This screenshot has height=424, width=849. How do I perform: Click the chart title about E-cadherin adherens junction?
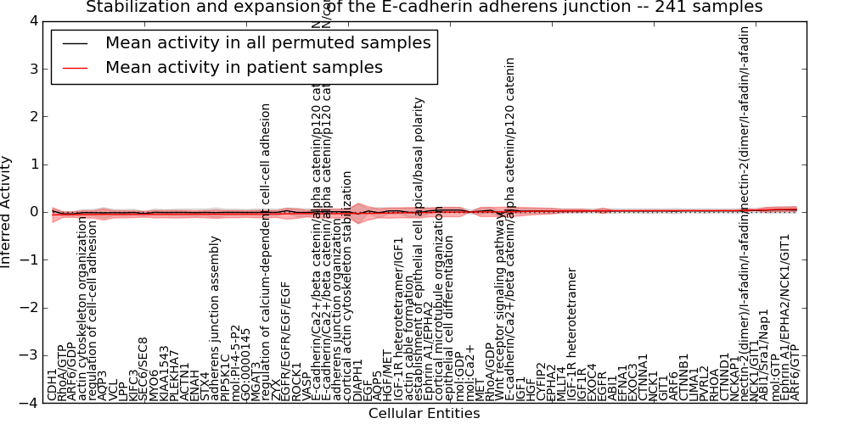424,8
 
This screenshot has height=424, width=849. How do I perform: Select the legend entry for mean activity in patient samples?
244,68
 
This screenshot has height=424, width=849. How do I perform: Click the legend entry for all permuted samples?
267,43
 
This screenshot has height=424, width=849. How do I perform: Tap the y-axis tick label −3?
29,355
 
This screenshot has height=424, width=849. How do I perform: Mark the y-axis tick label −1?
29,259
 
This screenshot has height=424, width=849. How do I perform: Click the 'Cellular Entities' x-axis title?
424,414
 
